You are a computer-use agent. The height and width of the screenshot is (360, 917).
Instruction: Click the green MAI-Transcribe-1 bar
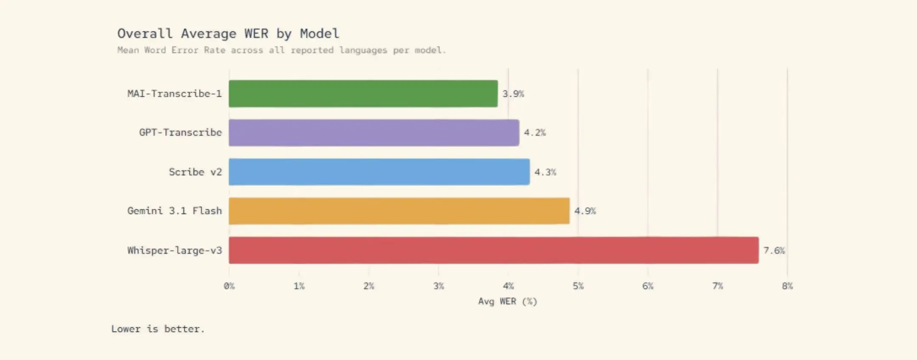coord(363,93)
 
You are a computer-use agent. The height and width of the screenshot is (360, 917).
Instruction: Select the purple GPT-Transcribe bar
coord(374,132)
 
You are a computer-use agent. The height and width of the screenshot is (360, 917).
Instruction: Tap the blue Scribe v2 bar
coord(379,172)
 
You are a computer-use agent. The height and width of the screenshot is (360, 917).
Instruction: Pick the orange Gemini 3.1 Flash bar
coord(399,211)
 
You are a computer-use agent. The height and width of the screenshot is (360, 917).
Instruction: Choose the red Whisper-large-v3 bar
coord(493,250)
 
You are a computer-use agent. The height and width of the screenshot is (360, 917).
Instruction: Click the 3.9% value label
coord(513,94)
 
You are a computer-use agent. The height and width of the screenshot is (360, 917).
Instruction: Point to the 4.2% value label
coord(534,133)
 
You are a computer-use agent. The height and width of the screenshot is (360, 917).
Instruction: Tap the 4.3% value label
coord(545,172)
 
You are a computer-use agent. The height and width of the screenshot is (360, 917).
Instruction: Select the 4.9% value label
coord(585,211)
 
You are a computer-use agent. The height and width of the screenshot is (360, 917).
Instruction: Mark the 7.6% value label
coord(774,250)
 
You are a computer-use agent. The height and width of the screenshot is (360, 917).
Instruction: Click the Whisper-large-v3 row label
coord(174,250)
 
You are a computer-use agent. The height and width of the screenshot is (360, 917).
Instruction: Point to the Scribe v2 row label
coord(195,172)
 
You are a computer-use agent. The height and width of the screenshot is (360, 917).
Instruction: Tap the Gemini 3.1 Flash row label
coord(174,211)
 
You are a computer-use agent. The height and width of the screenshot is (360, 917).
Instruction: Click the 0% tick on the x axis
coord(229,286)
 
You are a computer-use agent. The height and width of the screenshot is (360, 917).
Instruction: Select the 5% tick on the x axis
coord(578,286)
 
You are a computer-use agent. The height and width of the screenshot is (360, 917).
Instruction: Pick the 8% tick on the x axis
coord(787,286)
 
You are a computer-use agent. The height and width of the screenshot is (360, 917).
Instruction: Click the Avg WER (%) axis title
coord(507,301)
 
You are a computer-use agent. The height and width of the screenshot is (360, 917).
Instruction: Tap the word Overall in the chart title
coord(145,34)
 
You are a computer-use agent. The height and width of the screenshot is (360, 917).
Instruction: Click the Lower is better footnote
coord(158,329)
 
